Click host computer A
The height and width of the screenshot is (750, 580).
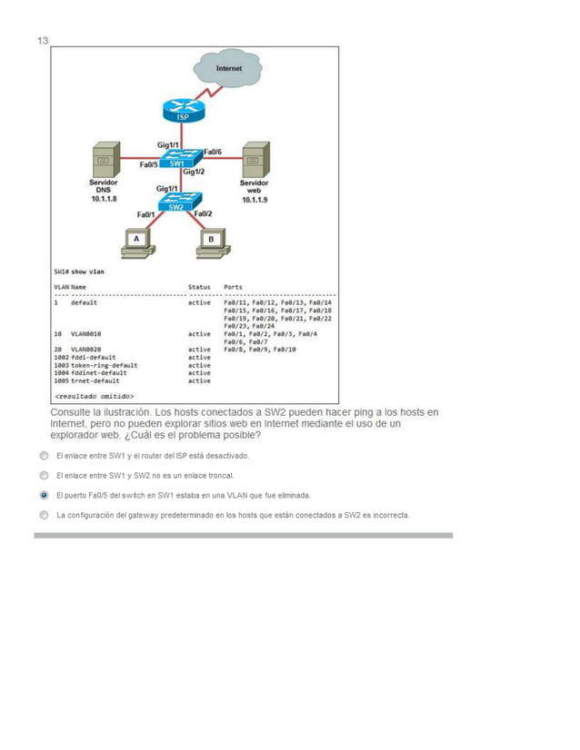pos(136,240)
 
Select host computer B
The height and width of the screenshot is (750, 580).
pos(212,240)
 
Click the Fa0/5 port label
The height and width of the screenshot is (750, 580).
pos(148,164)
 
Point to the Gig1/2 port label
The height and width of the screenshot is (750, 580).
pos(194,172)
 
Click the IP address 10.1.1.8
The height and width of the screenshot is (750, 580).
pos(104,199)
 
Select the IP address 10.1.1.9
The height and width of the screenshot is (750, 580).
pos(255,200)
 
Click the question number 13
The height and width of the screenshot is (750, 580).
pos(42,41)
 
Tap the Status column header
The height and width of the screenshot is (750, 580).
pos(199,287)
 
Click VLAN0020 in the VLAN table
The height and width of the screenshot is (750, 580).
pos(85,349)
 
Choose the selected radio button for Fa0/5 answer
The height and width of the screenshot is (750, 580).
pos(44,496)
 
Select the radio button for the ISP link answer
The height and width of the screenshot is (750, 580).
pos(44,455)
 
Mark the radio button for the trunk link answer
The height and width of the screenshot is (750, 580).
pos(44,475)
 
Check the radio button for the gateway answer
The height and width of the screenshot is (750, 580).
pos(44,516)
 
